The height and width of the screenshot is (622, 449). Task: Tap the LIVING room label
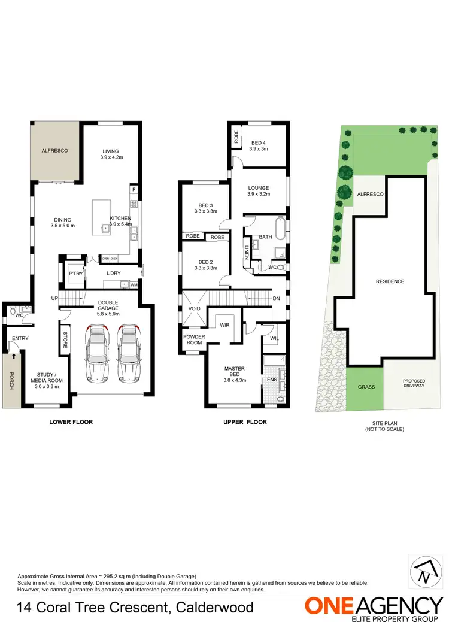pyautogui.click(x=111, y=151)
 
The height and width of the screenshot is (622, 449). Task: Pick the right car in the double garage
pyautogui.click(x=128, y=353)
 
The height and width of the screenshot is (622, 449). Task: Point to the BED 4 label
pyautogui.click(x=259, y=142)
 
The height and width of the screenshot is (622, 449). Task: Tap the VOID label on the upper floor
pyautogui.click(x=194, y=309)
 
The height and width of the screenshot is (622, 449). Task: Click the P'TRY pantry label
pyautogui.click(x=75, y=274)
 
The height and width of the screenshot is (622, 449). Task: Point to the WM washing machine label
pyautogui.click(x=134, y=284)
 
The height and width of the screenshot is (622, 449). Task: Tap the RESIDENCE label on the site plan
pyautogui.click(x=390, y=281)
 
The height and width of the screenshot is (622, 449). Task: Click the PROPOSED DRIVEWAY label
pyautogui.click(x=414, y=384)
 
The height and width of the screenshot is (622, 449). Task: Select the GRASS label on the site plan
pyautogui.click(x=366, y=387)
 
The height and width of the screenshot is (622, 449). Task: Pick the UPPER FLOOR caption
pyautogui.click(x=245, y=422)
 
